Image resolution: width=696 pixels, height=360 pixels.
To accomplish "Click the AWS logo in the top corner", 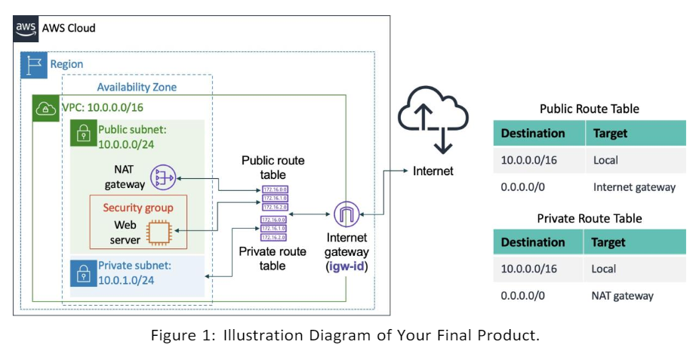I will click(x=26, y=28).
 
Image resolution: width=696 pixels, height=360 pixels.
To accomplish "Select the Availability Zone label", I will click(x=137, y=88).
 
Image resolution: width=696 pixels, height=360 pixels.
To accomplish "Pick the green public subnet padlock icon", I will click(x=82, y=134).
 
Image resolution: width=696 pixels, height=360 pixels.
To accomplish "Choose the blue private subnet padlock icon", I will click(x=82, y=273).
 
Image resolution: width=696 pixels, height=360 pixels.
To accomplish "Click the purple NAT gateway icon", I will click(x=162, y=177).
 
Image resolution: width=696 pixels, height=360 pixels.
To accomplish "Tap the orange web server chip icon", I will click(x=158, y=232).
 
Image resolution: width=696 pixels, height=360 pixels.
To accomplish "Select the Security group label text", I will click(x=138, y=208).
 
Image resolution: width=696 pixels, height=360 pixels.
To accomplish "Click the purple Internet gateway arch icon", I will click(x=346, y=215).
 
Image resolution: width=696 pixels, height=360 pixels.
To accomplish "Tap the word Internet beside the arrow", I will click(x=433, y=171).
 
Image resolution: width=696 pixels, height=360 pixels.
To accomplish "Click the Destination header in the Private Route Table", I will click(x=532, y=242).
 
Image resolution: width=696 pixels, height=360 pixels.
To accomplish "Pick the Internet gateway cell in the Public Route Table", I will click(x=634, y=187).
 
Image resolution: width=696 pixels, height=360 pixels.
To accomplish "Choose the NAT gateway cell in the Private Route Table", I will click(x=623, y=296).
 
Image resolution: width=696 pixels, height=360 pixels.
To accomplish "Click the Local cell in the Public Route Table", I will click(x=605, y=160).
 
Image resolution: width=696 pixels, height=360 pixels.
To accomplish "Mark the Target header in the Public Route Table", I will click(x=610, y=133).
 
